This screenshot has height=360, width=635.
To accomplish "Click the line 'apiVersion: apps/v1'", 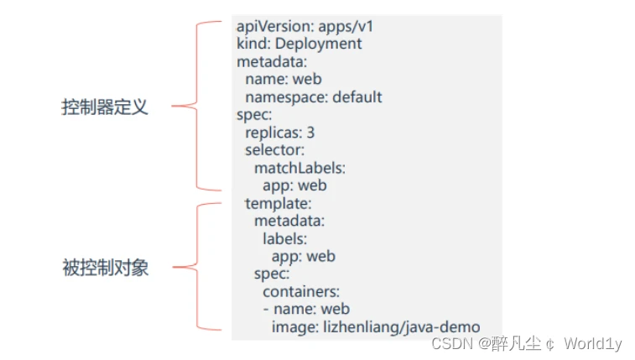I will (x=304, y=26).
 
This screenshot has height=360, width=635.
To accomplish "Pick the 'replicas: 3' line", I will (x=279, y=133).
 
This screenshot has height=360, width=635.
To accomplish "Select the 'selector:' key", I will (x=274, y=150).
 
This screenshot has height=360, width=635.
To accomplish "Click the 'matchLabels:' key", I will (x=299, y=168).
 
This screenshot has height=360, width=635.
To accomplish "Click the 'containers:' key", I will (x=300, y=291).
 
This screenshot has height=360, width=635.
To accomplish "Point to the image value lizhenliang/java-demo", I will (x=402, y=326).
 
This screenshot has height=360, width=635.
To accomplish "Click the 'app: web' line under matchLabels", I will (x=294, y=185).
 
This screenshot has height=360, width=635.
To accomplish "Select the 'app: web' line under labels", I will (x=303, y=256).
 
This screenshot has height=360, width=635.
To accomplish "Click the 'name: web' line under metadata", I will (x=283, y=80).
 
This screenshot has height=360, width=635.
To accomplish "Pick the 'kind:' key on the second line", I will (x=251, y=44).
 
